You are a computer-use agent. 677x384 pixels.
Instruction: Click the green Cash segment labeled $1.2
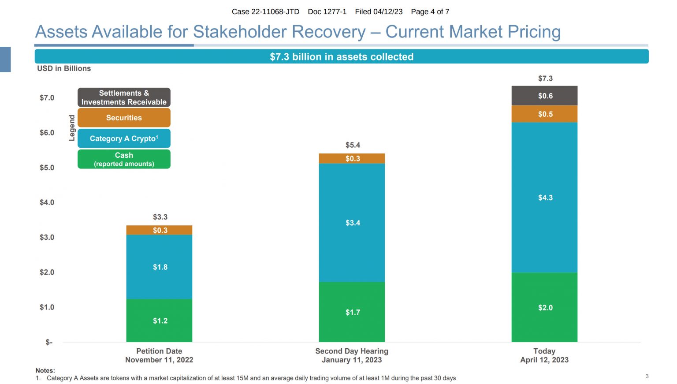[x=160, y=321]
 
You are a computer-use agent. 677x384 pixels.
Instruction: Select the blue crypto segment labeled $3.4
[x=352, y=223]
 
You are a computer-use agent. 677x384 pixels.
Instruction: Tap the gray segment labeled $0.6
[x=544, y=96]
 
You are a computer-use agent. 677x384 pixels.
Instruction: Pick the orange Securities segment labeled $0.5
[x=544, y=114]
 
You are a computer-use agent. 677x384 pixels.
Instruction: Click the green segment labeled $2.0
[x=544, y=307]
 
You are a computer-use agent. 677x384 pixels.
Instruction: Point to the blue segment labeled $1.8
[x=160, y=267]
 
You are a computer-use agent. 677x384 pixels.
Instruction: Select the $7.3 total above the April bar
[x=545, y=78]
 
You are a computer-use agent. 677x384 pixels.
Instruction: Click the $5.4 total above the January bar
[x=353, y=145]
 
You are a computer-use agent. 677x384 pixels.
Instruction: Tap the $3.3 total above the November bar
[x=160, y=217]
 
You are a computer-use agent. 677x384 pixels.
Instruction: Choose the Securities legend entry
[x=124, y=118]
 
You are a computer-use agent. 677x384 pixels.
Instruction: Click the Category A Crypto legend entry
[x=124, y=138]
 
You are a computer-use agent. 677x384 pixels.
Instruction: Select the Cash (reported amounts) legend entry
[x=124, y=159]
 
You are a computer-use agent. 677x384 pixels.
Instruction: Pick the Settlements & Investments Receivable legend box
[x=124, y=97]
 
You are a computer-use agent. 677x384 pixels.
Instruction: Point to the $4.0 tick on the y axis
[x=47, y=202]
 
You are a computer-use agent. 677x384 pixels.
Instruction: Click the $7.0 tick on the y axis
[x=47, y=98]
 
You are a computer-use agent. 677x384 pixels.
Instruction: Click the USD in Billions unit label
[x=64, y=68]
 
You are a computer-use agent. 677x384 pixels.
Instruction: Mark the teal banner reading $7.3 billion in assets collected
[x=342, y=56]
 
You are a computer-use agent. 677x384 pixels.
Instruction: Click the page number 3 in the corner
[x=647, y=376]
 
